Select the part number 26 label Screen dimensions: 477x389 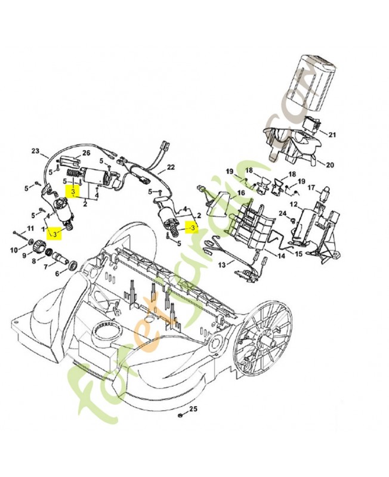tap(86, 153)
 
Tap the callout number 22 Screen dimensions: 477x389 tap(171, 167)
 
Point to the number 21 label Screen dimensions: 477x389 tap(332, 135)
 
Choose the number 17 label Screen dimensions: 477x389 tap(311, 188)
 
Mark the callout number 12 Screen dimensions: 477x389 tap(294, 205)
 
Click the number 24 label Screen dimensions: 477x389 tap(282, 213)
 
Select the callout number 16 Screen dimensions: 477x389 tap(241, 193)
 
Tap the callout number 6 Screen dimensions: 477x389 tap(57, 274)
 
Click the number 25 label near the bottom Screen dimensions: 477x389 tap(193, 408)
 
